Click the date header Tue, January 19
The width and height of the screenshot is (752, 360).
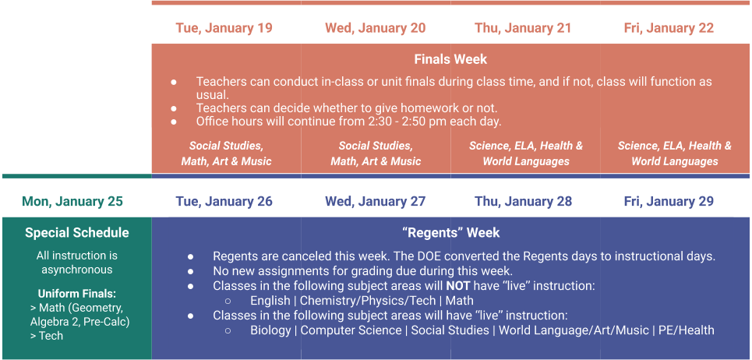click(x=224, y=28)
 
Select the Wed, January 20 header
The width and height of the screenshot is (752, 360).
click(x=376, y=28)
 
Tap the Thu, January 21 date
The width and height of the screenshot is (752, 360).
click(x=523, y=28)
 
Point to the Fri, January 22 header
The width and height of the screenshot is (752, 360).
click(x=669, y=28)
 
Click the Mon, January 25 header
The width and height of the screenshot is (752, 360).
click(x=72, y=201)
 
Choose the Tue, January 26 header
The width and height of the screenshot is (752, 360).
click(x=224, y=201)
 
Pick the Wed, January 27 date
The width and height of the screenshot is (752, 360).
click(x=376, y=201)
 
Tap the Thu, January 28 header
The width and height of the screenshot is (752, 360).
click(x=523, y=201)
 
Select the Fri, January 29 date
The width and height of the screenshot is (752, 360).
click(x=669, y=201)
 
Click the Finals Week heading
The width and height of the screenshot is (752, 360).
click(x=451, y=59)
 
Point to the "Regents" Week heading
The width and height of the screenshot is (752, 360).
click(x=451, y=233)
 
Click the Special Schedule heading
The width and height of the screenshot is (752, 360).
click(x=77, y=233)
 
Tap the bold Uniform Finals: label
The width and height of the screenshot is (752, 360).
click(x=77, y=293)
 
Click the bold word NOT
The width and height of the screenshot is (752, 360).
click(x=457, y=286)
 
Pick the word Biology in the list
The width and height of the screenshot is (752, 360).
click(x=270, y=330)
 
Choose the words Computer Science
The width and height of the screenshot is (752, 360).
click(x=351, y=330)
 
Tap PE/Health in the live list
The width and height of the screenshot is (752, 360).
click(x=687, y=330)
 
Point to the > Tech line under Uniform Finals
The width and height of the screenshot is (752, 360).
click(x=47, y=336)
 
